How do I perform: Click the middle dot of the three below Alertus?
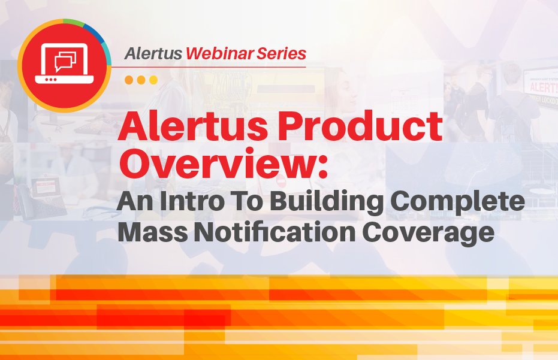(141, 80)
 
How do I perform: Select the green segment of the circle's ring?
(73, 23)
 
